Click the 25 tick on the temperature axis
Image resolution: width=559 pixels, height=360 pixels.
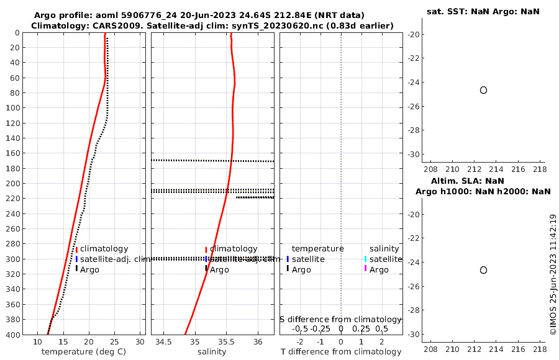(x=114, y=342)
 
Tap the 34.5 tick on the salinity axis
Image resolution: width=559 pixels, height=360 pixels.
(x=164, y=342)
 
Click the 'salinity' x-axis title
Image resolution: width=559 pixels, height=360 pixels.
(x=212, y=352)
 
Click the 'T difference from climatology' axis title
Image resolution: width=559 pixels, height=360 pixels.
(x=341, y=352)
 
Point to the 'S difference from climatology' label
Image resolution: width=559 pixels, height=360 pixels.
(x=340, y=319)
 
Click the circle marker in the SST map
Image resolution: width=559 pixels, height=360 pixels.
(x=483, y=90)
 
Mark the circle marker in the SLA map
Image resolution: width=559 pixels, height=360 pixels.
(x=483, y=270)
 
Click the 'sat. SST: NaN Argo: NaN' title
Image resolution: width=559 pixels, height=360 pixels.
(x=483, y=12)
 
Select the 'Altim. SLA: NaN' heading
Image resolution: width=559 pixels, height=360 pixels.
(x=483, y=181)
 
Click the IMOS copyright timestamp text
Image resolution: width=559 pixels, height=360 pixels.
(x=553, y=275)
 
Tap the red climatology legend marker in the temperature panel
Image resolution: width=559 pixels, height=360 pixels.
(x=77, y=249)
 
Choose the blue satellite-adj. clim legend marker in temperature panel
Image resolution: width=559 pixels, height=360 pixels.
(x=77, y=259)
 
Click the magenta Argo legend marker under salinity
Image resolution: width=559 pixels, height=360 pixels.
(x=366, y=269)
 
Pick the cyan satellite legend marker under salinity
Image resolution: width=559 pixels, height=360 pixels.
(x=366, y=259)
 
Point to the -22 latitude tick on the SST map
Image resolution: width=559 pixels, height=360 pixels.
(x=412, y=58)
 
